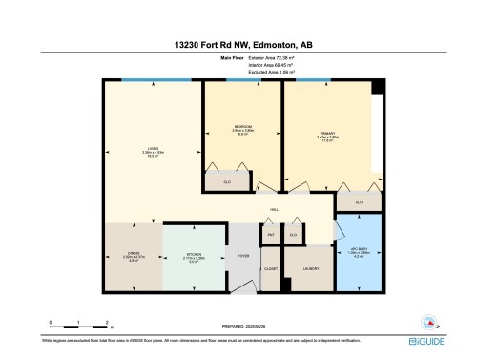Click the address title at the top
coord(238,42)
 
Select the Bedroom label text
coord(242,128)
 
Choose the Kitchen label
coord(194,256)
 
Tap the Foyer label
coord(243,256)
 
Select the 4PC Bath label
coord(357,252)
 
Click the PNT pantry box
coord(270,234)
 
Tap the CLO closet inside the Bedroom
coord(227,181)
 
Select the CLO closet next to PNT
coord(293,234)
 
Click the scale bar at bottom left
coord(73,323)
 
